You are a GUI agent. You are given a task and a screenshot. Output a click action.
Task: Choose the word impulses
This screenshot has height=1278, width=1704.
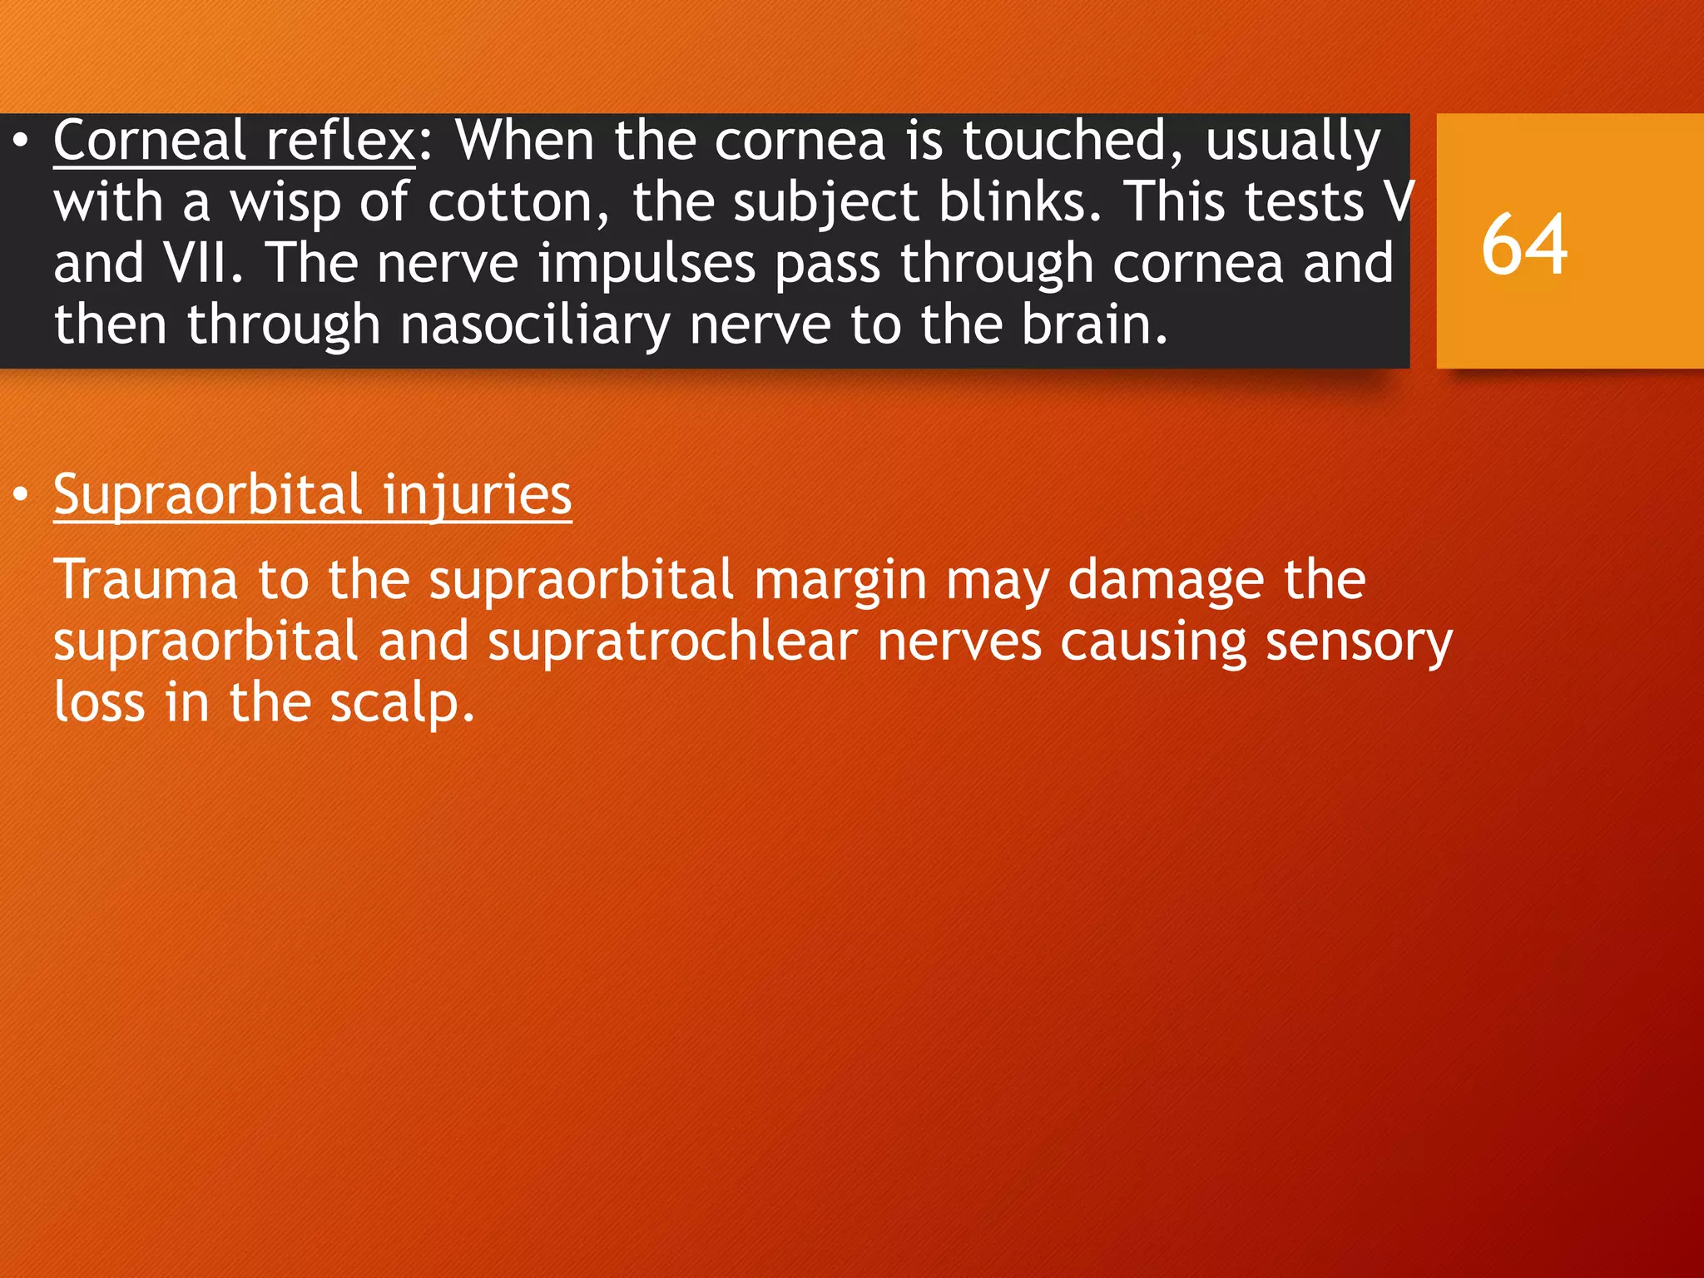click(x=646, y=263)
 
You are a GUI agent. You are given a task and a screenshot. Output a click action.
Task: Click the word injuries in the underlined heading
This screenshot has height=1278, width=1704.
click(x=477, y=496)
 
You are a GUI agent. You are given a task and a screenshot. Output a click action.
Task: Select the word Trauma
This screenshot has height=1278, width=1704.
click(x=146, y=580)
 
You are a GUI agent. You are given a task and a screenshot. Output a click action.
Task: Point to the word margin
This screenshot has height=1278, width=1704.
click(x=840, y=580)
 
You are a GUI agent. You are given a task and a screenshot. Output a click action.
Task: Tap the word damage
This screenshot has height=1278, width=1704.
click(x=1165, y=580)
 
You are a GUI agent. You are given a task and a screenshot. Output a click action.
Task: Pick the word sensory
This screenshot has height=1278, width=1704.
click(x=1359, y=641)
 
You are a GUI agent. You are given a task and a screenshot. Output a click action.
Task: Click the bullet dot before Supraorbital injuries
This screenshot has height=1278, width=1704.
click(x=21, y=496)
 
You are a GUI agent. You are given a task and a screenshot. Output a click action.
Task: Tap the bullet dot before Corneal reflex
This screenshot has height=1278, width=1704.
click(x=21, y=141)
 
